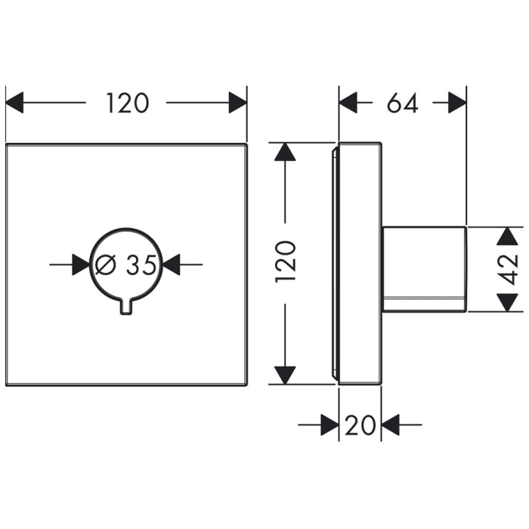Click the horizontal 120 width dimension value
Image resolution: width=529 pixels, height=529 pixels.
pos(127,102)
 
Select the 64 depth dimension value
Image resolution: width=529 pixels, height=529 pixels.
pos(402,102)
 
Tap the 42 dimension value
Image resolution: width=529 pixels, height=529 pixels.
pos(509,268)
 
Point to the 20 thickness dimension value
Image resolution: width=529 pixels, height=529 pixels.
pos(360,425)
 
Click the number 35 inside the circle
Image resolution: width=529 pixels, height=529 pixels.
pos(141,264)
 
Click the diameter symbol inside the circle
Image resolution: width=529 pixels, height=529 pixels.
pos(107,264)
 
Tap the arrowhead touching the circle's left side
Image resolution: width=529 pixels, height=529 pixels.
pos(81,264)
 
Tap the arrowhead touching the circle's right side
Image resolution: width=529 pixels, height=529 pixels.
pos(172,264)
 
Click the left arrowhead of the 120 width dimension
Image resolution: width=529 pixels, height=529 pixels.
pos(15,102)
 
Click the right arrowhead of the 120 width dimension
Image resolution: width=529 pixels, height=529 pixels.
pos(238,102)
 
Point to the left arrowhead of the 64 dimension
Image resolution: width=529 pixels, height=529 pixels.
pos(348,102)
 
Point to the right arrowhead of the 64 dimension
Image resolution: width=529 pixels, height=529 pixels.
pos(457,102)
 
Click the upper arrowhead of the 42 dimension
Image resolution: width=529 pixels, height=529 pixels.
pos(506,237)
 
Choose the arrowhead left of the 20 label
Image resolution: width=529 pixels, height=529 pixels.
pos(329,425)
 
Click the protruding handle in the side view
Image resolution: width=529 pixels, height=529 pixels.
pos(424,269)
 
